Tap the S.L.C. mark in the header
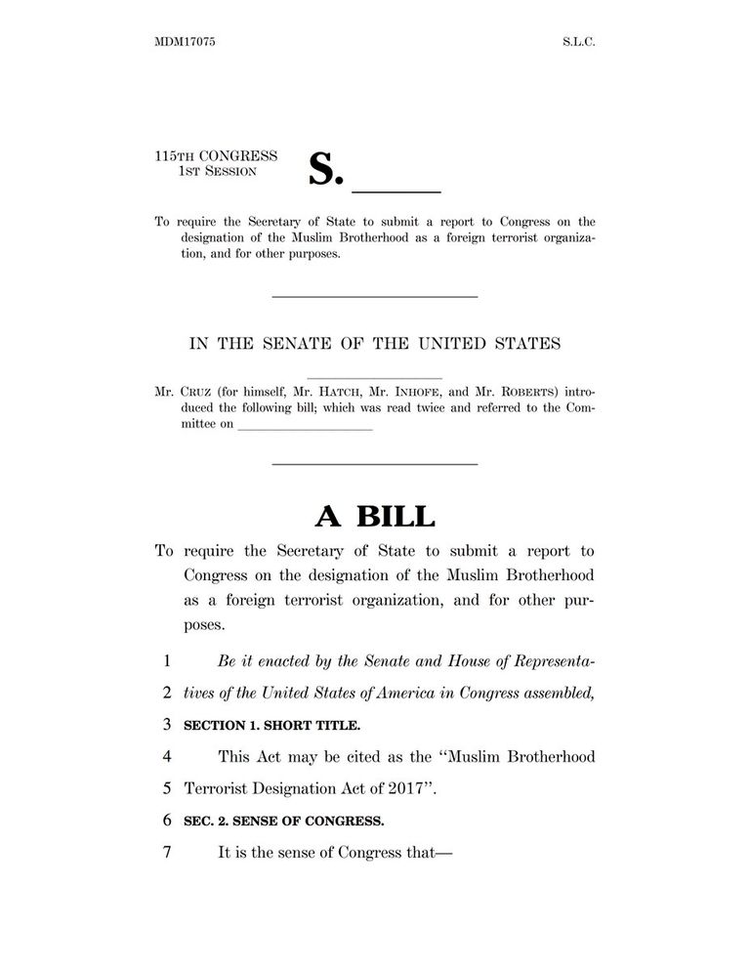(577, 44)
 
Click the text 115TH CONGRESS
(216, 155)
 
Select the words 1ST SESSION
(218, 171)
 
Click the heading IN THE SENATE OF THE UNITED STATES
(374, 343)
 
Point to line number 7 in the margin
(167, 851)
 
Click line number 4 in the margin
(167, 756)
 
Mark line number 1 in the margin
(167, 661)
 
